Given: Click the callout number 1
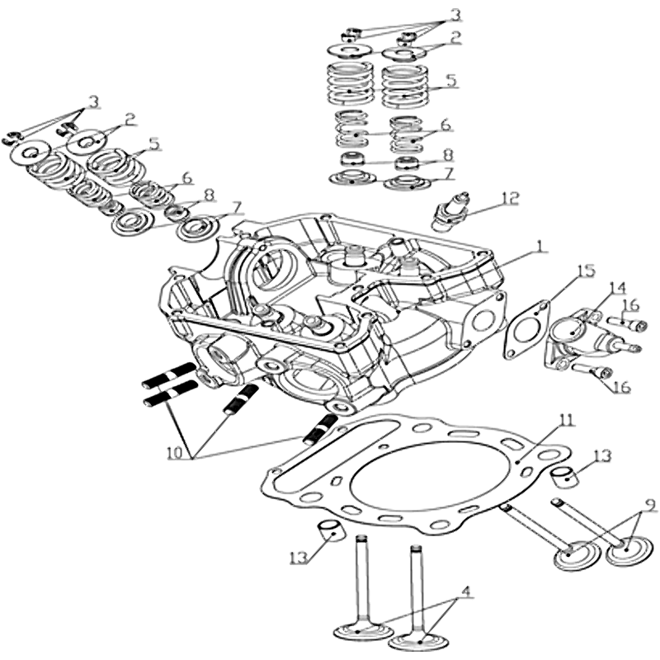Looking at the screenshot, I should (x=540, y=246).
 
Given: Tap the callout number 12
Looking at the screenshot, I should (x=511, y=197).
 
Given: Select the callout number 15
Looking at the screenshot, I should (x=585, y=271).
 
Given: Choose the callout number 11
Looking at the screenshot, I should (x=563, y=420).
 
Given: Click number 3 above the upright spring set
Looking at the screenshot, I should (x=455, y=16).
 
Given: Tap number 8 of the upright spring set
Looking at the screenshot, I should (x=448, y=154).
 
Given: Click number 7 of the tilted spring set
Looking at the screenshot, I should (x=236, y=206).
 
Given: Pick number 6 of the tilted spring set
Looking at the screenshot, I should (x=186, y=177).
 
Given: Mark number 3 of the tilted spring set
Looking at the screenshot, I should (x=93, y=101).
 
